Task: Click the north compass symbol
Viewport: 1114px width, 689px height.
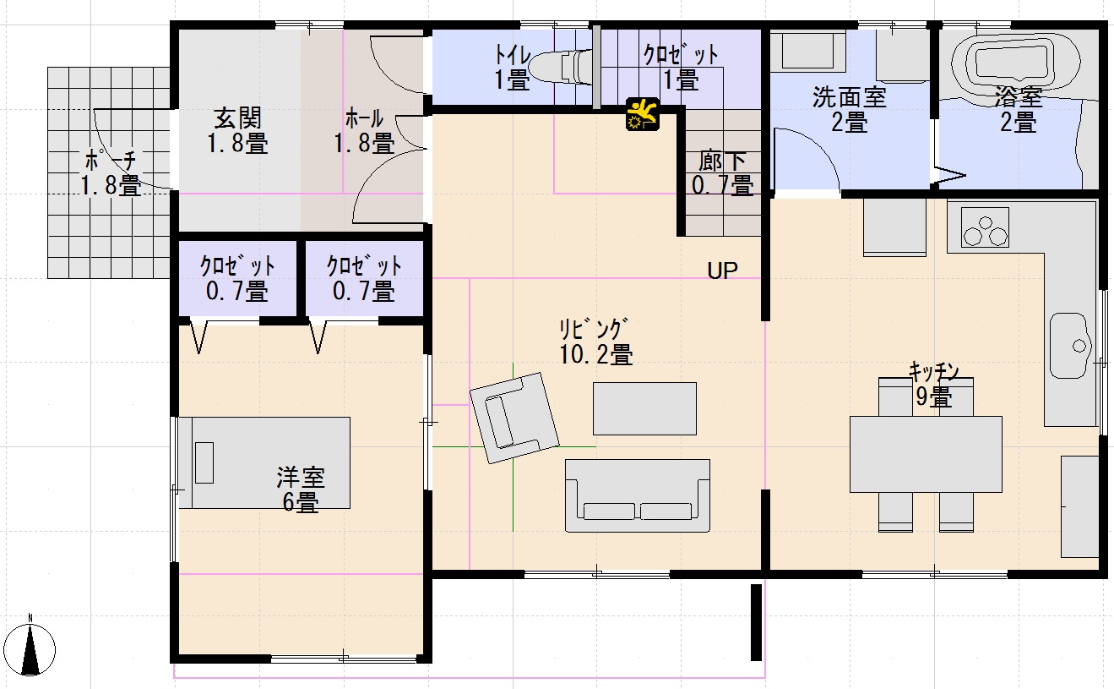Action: click(30, 648)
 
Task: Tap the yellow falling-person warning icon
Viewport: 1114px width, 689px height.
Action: click(643, 114)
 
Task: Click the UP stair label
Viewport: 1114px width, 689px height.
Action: click(722, 271)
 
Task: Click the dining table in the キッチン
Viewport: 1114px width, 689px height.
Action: click(926, 455)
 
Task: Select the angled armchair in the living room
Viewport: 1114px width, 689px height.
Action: click(514, 418)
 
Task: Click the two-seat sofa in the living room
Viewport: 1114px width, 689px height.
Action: click(638, 496)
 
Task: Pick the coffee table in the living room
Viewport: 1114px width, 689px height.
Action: click(644, 408)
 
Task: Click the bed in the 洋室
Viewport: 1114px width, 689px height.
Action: click(264, 463)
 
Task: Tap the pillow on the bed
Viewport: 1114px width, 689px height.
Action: click(204, 462)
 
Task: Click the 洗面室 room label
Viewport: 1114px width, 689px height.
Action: click(850, 97)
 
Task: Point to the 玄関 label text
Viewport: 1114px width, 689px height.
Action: click(237, 119)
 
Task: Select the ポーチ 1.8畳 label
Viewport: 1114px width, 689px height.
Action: click(111, 174)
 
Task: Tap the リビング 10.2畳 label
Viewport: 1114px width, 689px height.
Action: click(595, 342)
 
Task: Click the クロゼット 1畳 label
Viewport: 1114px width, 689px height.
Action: click(681, 67)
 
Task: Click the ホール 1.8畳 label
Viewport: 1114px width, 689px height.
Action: click(364, 131)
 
